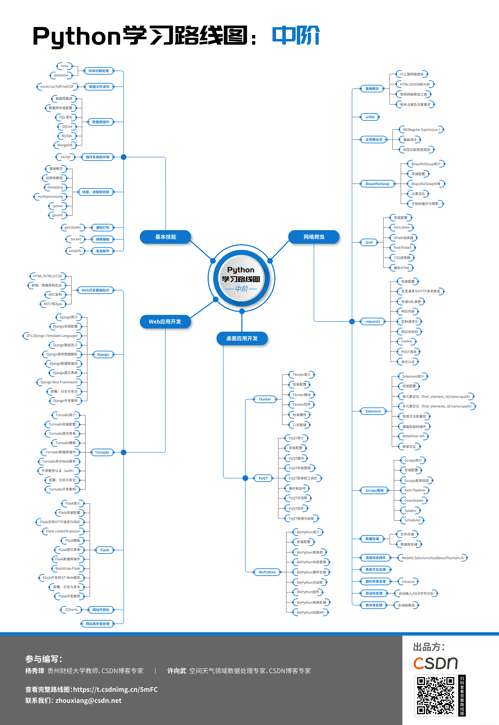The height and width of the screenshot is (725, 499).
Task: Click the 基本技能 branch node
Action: tap(165, 237)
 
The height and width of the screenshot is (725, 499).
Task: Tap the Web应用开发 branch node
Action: tap(165, 322)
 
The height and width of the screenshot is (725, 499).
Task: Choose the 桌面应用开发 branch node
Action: tap(242, 338)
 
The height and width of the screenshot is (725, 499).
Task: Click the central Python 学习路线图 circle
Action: tap(241, 278)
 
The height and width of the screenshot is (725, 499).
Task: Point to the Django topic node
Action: tap(103, 354)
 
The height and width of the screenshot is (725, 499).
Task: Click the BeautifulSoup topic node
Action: tap(377, 184)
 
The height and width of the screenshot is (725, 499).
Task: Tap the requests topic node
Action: tap(373, 322)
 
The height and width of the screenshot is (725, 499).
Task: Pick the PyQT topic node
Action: tap(263, 478)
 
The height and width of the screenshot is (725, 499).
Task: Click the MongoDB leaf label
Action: tap(65, 145)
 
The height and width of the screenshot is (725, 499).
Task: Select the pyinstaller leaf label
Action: tap(73, 227)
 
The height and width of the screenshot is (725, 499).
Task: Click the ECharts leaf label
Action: tap(71, 610)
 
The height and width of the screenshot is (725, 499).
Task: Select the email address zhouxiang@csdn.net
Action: tap(88, 701)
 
